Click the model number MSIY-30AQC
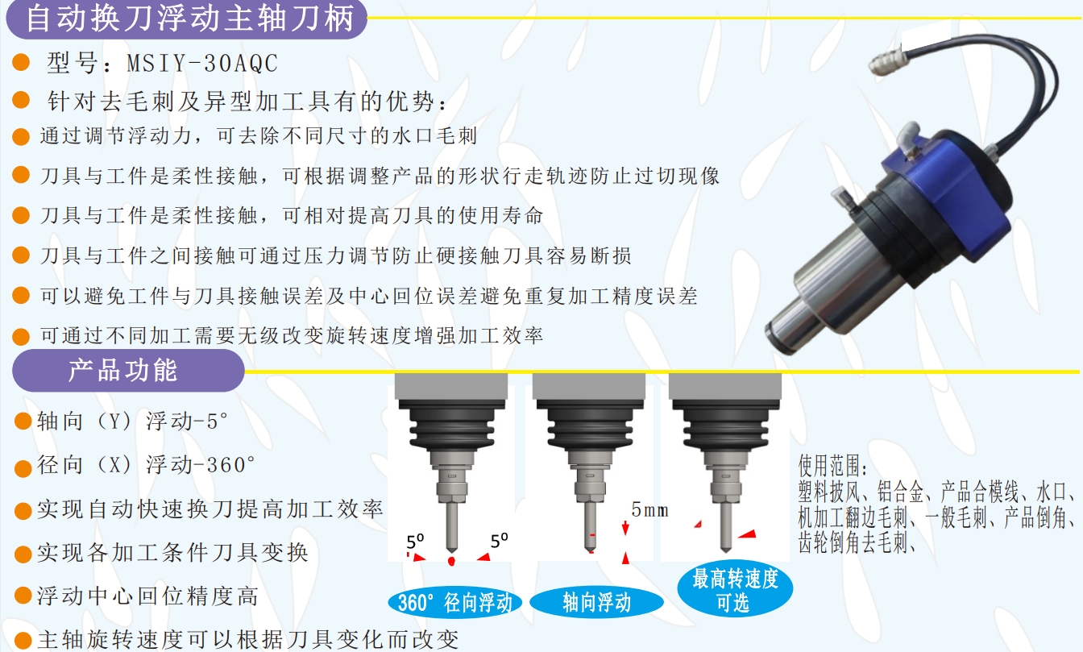tap(202, 63)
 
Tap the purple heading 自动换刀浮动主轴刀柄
tap(190, 19)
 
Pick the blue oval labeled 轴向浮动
tap(596, 602)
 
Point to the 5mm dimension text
tap(649, 509)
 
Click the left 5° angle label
tap(414, 541)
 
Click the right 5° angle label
tap(500, 541)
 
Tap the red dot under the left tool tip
tap(452, 559)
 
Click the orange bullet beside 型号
tap(23, 64)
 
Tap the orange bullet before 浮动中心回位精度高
tap(23, 596)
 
